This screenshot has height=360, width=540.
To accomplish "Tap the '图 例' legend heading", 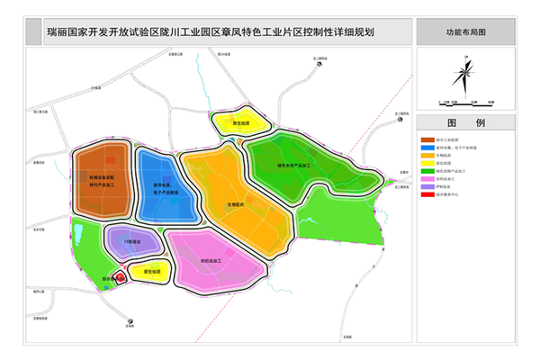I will [x=465, y=122].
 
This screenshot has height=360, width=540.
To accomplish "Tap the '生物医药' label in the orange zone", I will [x=236, y=203].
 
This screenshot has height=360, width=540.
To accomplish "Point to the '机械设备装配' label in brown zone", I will [x=102, y=179].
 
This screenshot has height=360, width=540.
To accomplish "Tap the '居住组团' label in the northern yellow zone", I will [x=240, y=123].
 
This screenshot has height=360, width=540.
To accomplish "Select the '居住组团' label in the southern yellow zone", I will [x=150, y=271].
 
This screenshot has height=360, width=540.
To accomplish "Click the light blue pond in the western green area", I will [x=79, y=237].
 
